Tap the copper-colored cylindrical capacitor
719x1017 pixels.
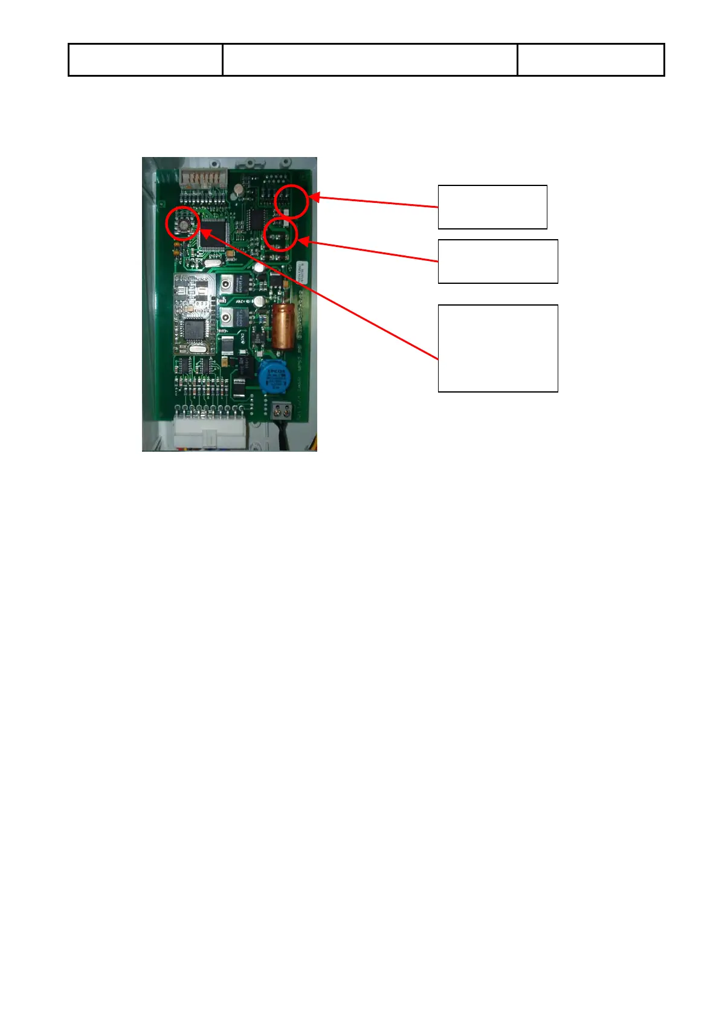[282, 326]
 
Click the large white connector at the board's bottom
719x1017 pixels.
[210, 431]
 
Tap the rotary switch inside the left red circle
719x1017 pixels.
[182, 223]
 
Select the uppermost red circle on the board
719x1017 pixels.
[291, 201]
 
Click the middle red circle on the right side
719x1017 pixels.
[281, 234]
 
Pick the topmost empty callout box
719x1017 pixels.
[492, 207]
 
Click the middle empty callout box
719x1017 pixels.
[497, 261]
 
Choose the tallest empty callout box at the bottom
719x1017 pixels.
[497, 348]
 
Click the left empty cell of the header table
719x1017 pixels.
[146, 60]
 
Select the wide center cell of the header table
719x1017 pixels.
[369, 60]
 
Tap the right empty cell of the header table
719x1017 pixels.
[590, 60]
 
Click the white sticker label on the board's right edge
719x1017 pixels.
[302, 274]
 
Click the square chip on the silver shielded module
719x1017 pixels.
[194, 329]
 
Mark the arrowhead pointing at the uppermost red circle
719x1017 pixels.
[314, 197]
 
